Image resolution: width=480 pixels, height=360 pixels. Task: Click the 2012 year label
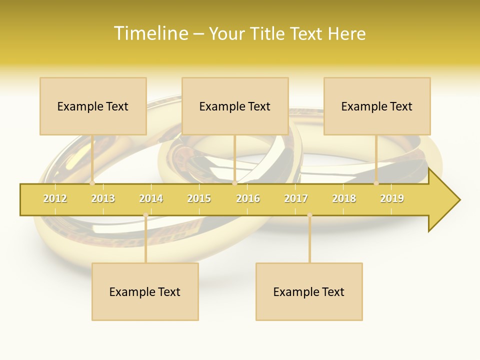tap(55, 198)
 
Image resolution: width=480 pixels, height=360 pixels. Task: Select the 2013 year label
tap(103, 198)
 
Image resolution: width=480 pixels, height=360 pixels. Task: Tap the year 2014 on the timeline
tap(151, 198)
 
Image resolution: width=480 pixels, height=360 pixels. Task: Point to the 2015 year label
tap(199, 198)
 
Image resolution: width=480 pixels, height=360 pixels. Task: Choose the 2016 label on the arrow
tap(248, 198)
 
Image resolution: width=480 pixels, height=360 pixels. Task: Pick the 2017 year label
tap(296, 198)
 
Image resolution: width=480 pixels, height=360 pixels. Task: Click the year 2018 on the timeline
tap(344, 198)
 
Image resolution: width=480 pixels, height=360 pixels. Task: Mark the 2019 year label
tap(392, 198)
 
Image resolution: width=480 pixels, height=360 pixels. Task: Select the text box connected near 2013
tap(93, 106)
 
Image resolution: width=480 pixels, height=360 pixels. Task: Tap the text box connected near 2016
tap(235, 106)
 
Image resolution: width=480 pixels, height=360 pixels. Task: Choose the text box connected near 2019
tap(377, 106)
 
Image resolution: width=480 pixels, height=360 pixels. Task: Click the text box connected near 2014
tap(145, 291)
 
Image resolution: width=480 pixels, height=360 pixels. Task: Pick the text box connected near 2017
tap(309, 291)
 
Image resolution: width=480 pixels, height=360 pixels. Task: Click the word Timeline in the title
tap(150, 33)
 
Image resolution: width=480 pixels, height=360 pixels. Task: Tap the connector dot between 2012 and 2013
tap(92, 183)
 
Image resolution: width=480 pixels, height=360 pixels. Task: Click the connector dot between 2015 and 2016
tap(234, 183)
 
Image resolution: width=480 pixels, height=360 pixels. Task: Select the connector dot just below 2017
tap(309, 215)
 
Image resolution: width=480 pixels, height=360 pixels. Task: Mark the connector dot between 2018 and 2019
tap(376, 183)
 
